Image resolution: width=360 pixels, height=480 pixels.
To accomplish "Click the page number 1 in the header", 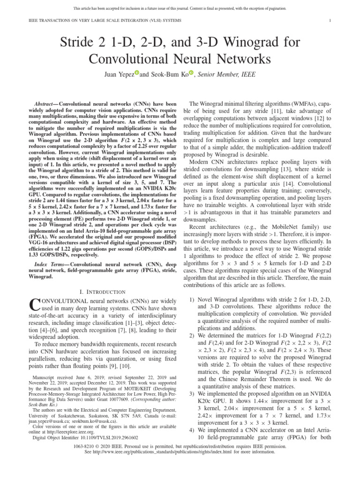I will click(x=330, y=21).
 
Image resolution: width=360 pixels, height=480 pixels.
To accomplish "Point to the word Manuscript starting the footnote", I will click(x=45, y=377).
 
